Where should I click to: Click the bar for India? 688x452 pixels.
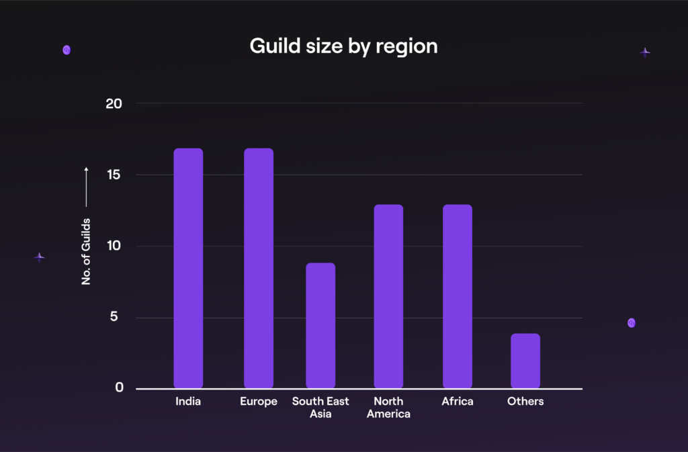(x=188, y=268)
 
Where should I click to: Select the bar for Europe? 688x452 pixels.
(x=258, y=268)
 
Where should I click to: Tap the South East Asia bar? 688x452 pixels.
(x=320, y=325)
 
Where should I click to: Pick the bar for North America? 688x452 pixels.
(x=388, y=296)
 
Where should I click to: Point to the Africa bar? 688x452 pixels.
(x=458, y=296)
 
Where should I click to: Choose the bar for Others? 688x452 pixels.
(x=525, y=361)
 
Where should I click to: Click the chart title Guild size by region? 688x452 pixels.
(x=343, y=46)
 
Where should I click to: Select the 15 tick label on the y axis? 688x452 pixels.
(x=114, y=175)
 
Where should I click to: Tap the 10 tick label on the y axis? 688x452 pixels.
(x=114, y=246)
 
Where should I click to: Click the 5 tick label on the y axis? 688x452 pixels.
(x=119, y=317)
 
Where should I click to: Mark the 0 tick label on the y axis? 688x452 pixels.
(x=119, y=388)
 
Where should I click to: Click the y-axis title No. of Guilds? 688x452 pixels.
(x=86, y=251)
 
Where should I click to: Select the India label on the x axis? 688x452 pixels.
(x=188, y=402)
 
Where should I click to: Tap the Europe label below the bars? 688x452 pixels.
(x=258, y=402)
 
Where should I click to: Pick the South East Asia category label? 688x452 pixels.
(x=320, y=407)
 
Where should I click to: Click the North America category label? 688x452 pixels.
(x=388, y=407)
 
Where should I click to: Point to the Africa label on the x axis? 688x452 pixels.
(x=458, y=402)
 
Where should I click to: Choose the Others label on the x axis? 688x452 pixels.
(x=525, y=402)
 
